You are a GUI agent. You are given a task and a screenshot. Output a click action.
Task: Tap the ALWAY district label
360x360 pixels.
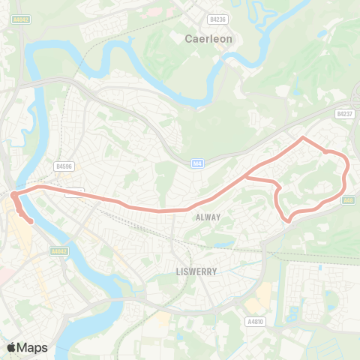208,217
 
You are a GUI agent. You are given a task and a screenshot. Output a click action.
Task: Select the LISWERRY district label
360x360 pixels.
196,271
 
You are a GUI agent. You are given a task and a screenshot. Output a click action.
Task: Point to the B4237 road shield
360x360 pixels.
344,114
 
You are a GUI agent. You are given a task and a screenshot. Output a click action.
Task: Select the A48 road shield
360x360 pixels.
349,200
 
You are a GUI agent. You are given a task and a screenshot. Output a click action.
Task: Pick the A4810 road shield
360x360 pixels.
256,322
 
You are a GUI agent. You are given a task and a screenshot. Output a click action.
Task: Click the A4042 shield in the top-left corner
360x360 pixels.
20,19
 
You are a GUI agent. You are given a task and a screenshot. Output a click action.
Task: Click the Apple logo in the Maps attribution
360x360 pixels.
11,347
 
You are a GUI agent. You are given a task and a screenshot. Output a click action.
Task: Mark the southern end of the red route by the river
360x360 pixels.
30,221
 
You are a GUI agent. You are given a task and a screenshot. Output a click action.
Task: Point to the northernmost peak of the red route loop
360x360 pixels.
302,138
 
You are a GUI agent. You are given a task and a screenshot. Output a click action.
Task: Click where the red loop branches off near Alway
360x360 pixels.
247,178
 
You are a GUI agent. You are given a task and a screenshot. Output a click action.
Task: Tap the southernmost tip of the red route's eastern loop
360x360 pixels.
289,220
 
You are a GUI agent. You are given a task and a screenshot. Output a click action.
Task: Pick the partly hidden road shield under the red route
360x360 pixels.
74,192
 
